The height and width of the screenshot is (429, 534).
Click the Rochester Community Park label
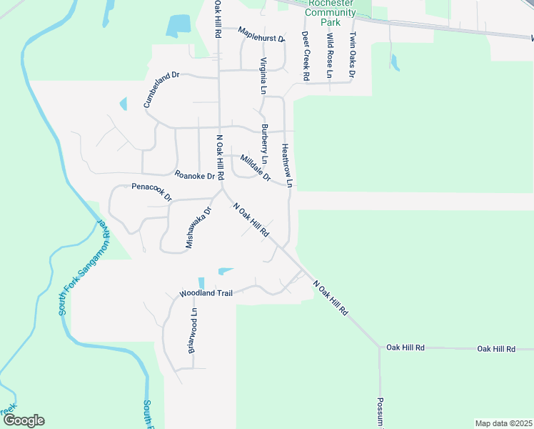329,13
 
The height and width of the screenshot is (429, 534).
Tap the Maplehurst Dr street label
261,34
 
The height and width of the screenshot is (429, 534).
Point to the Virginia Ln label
263,76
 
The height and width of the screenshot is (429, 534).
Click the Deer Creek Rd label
305,55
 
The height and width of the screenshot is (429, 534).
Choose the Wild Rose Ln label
329,55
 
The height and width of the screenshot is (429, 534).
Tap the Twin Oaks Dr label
353,55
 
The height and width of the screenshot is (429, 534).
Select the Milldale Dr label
256,168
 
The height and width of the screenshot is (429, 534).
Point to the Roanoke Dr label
195,175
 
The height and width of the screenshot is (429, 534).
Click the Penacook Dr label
152,187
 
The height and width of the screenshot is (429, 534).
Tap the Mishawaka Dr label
199,228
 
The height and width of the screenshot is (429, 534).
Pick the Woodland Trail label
206,294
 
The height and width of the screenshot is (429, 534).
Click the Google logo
24,420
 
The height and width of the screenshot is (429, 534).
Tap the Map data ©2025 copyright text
503,423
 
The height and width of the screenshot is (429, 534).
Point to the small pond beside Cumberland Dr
124,104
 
